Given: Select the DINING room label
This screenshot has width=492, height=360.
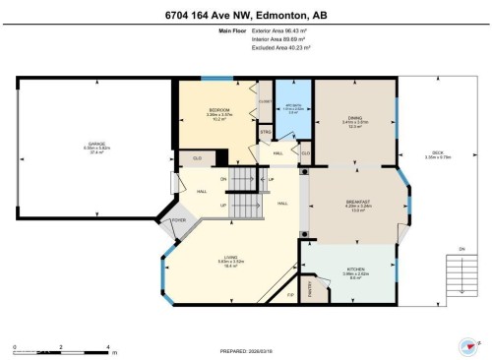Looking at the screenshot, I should coord(353,117).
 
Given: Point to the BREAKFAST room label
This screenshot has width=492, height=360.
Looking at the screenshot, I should coord(357,204).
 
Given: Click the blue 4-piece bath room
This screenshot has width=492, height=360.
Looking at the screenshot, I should coord(292,109).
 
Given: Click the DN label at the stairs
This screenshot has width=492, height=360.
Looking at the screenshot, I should coord(223,179).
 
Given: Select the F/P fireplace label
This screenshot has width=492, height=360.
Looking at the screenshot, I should coord(290,295).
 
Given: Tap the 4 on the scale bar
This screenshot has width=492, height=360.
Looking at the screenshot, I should coord(107,346).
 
